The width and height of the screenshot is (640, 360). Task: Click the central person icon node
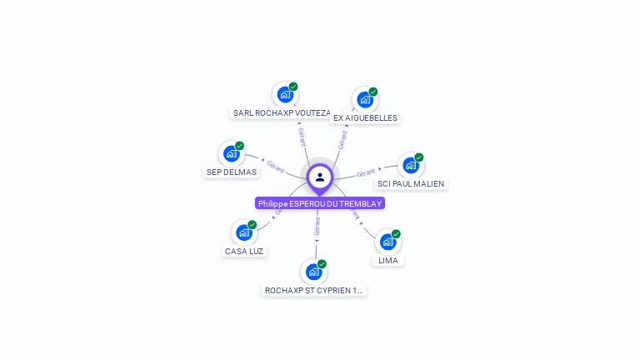320,177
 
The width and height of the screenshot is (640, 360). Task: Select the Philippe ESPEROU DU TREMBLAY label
320,203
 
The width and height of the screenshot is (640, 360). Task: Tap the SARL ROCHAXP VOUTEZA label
282,112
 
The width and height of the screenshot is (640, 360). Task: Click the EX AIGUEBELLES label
365,118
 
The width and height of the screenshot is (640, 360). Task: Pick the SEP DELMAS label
232,172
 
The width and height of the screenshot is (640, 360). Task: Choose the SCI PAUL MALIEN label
411,183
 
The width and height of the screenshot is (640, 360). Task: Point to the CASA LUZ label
244,251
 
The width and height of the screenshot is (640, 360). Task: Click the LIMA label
387,260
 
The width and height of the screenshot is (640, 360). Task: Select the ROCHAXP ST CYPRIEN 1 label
313,291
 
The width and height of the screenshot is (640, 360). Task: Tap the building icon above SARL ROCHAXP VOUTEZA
285,94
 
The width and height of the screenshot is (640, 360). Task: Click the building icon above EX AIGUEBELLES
364,100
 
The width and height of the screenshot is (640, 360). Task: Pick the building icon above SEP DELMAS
231,153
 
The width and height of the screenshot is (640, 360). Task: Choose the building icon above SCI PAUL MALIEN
410,165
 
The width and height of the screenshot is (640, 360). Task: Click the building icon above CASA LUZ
243,232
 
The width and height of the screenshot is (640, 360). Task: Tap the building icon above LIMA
387,242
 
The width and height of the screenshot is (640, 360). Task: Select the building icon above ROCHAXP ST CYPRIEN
313,272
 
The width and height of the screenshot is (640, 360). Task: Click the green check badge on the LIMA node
396,234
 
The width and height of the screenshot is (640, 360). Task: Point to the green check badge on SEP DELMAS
239,146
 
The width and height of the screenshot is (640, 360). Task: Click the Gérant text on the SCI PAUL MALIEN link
365,173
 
